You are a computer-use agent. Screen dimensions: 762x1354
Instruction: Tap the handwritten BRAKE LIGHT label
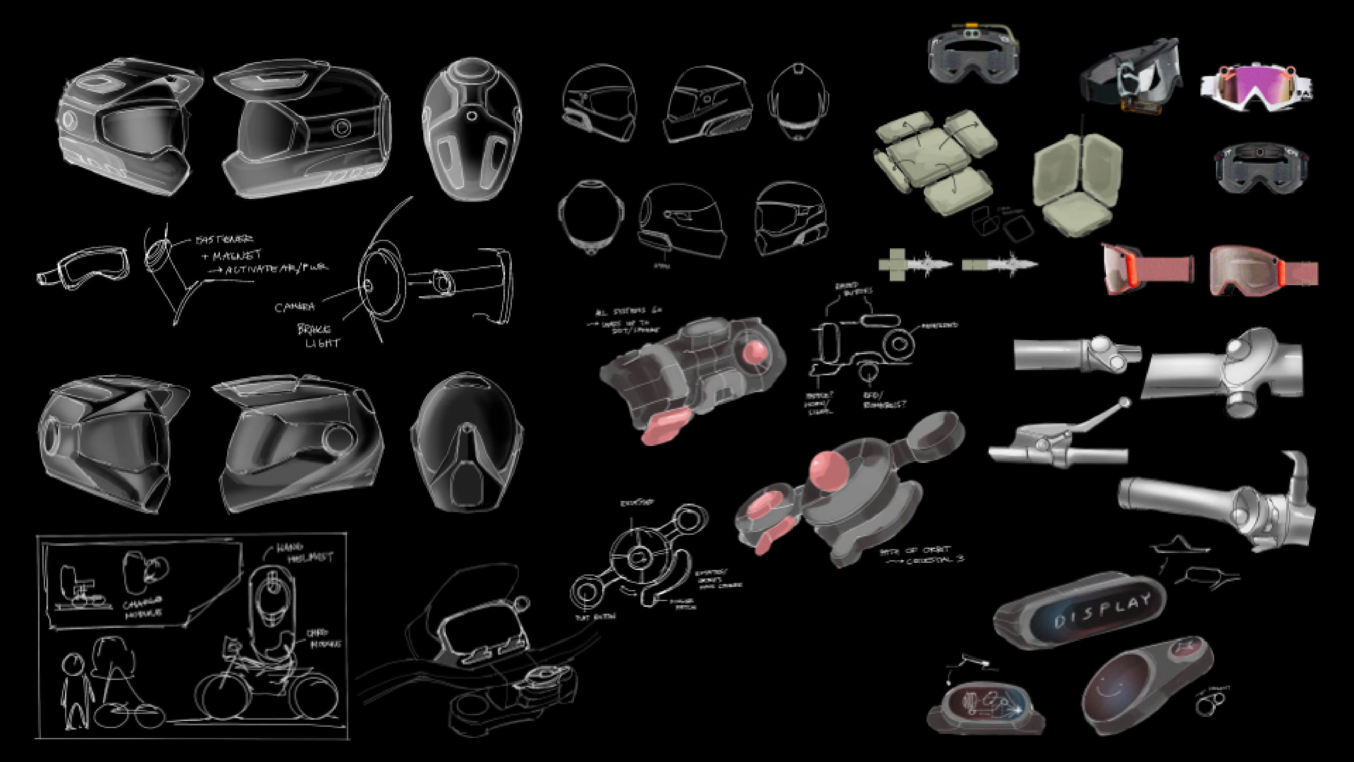pos(318,336)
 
